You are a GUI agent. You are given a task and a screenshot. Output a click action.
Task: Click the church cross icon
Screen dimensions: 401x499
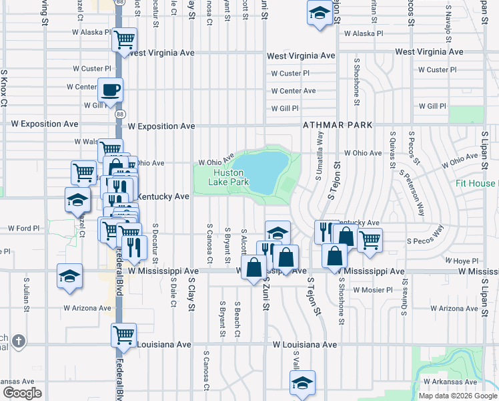coord(19,341)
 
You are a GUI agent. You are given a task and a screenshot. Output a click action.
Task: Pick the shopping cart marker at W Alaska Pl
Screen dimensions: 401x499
coord(124,39)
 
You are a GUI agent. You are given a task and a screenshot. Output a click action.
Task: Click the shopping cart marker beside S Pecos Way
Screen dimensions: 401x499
coord(370,239)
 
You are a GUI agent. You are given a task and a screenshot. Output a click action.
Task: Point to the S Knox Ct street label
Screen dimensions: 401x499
coord(4,88)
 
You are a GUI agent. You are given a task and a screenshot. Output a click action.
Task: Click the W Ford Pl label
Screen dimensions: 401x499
coord(24,228)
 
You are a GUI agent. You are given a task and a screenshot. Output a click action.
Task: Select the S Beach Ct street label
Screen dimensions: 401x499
coord(237,318)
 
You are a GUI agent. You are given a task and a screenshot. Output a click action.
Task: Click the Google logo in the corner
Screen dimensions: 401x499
coord(23,392)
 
